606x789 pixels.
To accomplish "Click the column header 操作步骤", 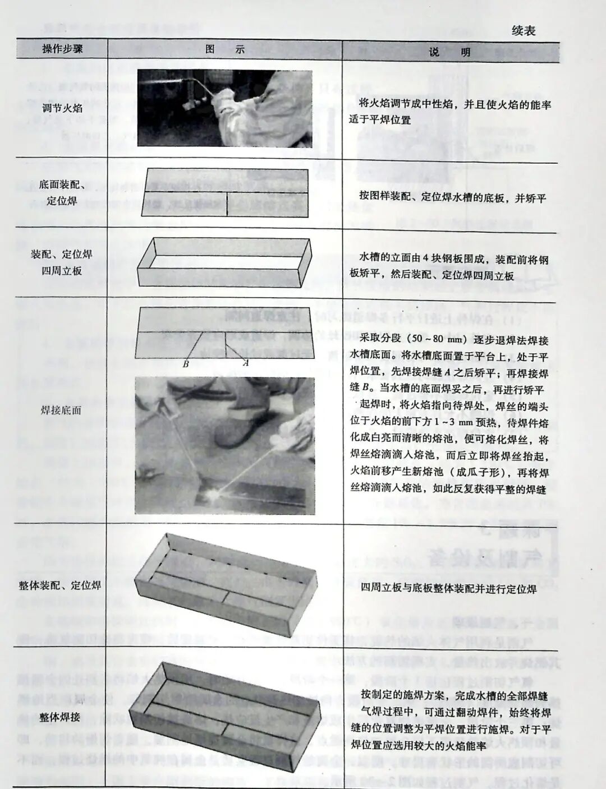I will [x=62, y=49].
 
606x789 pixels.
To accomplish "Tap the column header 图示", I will [x=224, y=49].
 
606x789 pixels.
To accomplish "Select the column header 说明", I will [x=449, y=52].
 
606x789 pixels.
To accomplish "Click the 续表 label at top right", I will [x=523, y=31].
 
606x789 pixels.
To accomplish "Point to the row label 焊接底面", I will [x=61, y=410].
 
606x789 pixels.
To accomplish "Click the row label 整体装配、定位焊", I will [x=60, y=585].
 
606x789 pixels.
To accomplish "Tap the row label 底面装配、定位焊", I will [x=62, y=192].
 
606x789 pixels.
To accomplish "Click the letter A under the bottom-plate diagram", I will [x=246, y=363].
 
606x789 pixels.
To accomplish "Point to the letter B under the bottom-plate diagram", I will [x=186, y=363].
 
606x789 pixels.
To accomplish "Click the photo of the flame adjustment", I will [x=224, y=108].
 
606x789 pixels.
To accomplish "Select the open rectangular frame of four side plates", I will [x=224, y=261].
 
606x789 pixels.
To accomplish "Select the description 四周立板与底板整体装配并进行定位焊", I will [x=449, y=588].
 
